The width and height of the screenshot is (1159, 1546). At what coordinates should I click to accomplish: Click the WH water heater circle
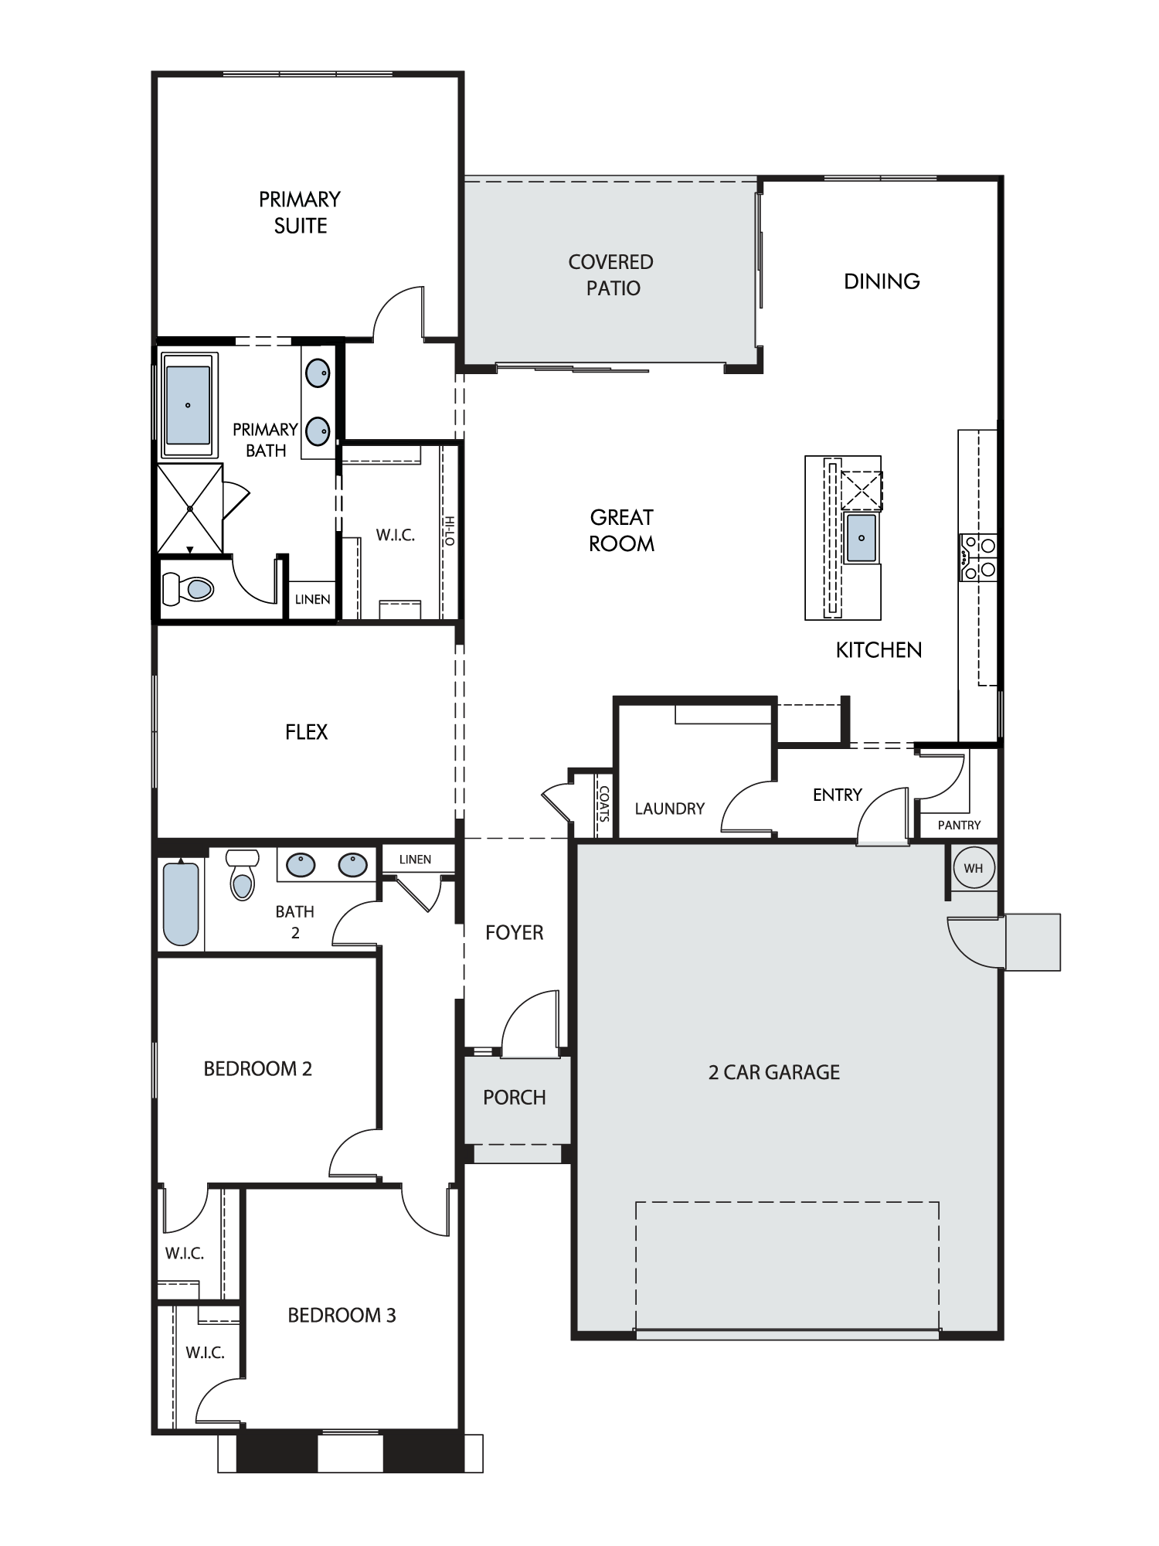click(x=973, y=867)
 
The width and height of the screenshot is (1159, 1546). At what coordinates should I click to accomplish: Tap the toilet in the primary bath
click(x=189, y=589)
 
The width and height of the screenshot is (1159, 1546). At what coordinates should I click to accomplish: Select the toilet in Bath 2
click(x=243, y=874)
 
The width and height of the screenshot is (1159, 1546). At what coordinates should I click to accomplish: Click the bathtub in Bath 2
click(x=182, y=904)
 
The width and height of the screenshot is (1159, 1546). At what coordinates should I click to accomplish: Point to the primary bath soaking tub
click(x=189, y=405)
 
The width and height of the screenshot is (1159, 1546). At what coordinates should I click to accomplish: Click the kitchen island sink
click(x=862, y=538)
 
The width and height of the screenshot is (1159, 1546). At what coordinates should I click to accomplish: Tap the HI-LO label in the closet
click(x=450, y=531)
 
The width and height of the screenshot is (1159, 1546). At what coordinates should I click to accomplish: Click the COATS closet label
click(x=603, y=803)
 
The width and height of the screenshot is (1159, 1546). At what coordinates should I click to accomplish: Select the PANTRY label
click(x=959, y=825)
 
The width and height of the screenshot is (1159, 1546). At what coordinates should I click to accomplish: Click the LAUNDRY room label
click(x=670, y=809)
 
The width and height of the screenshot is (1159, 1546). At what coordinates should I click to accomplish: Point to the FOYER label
click(x=514, y=932)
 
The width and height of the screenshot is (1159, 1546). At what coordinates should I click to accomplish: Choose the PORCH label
click(x=515, y=1097)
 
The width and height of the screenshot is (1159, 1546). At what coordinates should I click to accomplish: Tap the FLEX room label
click(x=307, y=731)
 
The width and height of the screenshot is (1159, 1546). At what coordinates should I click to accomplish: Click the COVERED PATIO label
click(x=611, y=275)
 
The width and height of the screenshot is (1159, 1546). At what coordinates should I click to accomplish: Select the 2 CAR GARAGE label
click(x=774, y=1072)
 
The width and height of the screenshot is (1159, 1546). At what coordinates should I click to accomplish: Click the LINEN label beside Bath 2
click(x=415, y=859)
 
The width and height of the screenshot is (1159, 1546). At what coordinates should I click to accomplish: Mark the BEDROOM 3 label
click(x=342, y=1315)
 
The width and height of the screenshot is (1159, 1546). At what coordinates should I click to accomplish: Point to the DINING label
click(x=882, y=281)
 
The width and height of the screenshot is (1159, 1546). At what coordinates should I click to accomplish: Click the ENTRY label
click(x=837, y=795)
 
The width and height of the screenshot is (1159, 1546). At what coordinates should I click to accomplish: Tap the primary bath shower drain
click(x=190, y=508)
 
